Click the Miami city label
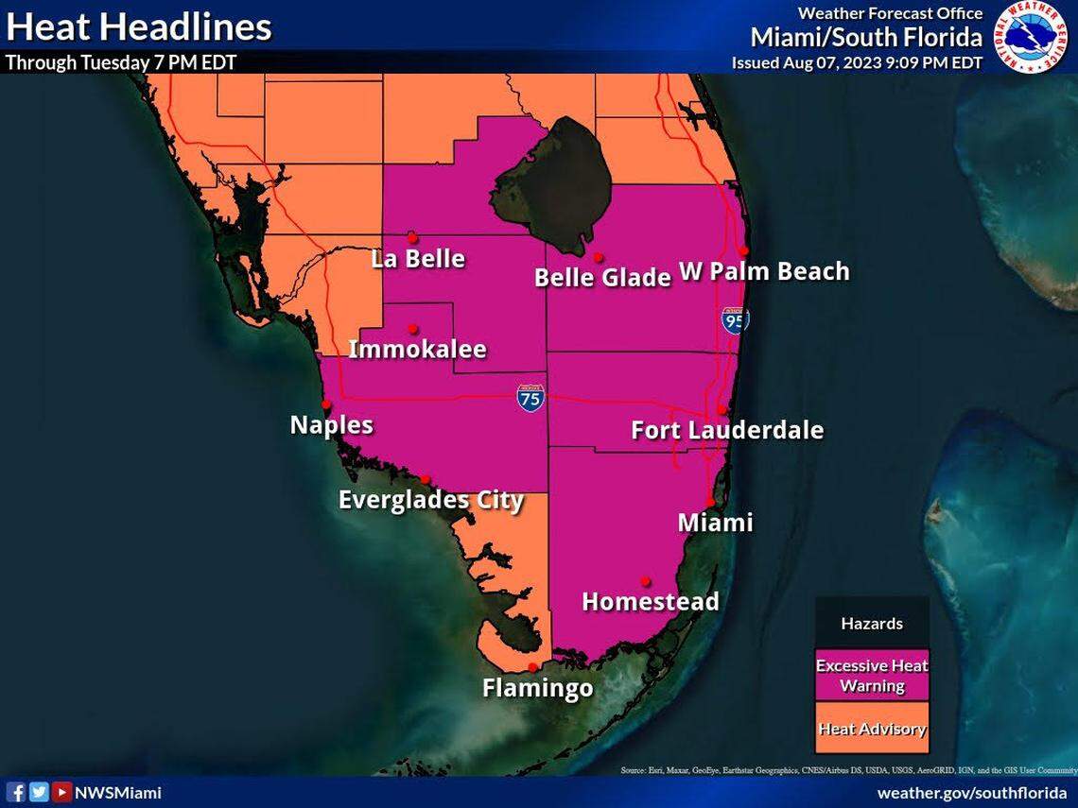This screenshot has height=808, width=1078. coord(715,523)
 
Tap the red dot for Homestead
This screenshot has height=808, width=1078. coord(646,580)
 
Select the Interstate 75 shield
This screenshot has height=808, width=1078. coord(530,397)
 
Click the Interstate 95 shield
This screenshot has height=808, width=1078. coord(735,319)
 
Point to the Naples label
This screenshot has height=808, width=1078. coord(331,425)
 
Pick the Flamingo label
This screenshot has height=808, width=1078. coord(537,688)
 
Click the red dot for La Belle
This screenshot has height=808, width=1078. coord(412,238)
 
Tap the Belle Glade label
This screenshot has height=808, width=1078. coord(602,278)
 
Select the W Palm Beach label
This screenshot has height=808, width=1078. coord(764,272)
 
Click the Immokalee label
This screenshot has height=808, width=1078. coord(417,350)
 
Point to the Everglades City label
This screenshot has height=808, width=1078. coord(430,500)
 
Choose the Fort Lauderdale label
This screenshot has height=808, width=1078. coord(726,431)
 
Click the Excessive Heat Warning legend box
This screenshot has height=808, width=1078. coord(872,675)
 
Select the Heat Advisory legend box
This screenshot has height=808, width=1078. coord(872,729)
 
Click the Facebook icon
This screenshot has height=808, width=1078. coord(16,792)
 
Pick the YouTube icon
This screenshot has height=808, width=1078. coord(61,792)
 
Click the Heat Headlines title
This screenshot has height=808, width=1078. coord(139,26)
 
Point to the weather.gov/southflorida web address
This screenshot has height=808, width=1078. coord(971,793)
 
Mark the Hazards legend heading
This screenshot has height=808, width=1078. coord(872,624)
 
